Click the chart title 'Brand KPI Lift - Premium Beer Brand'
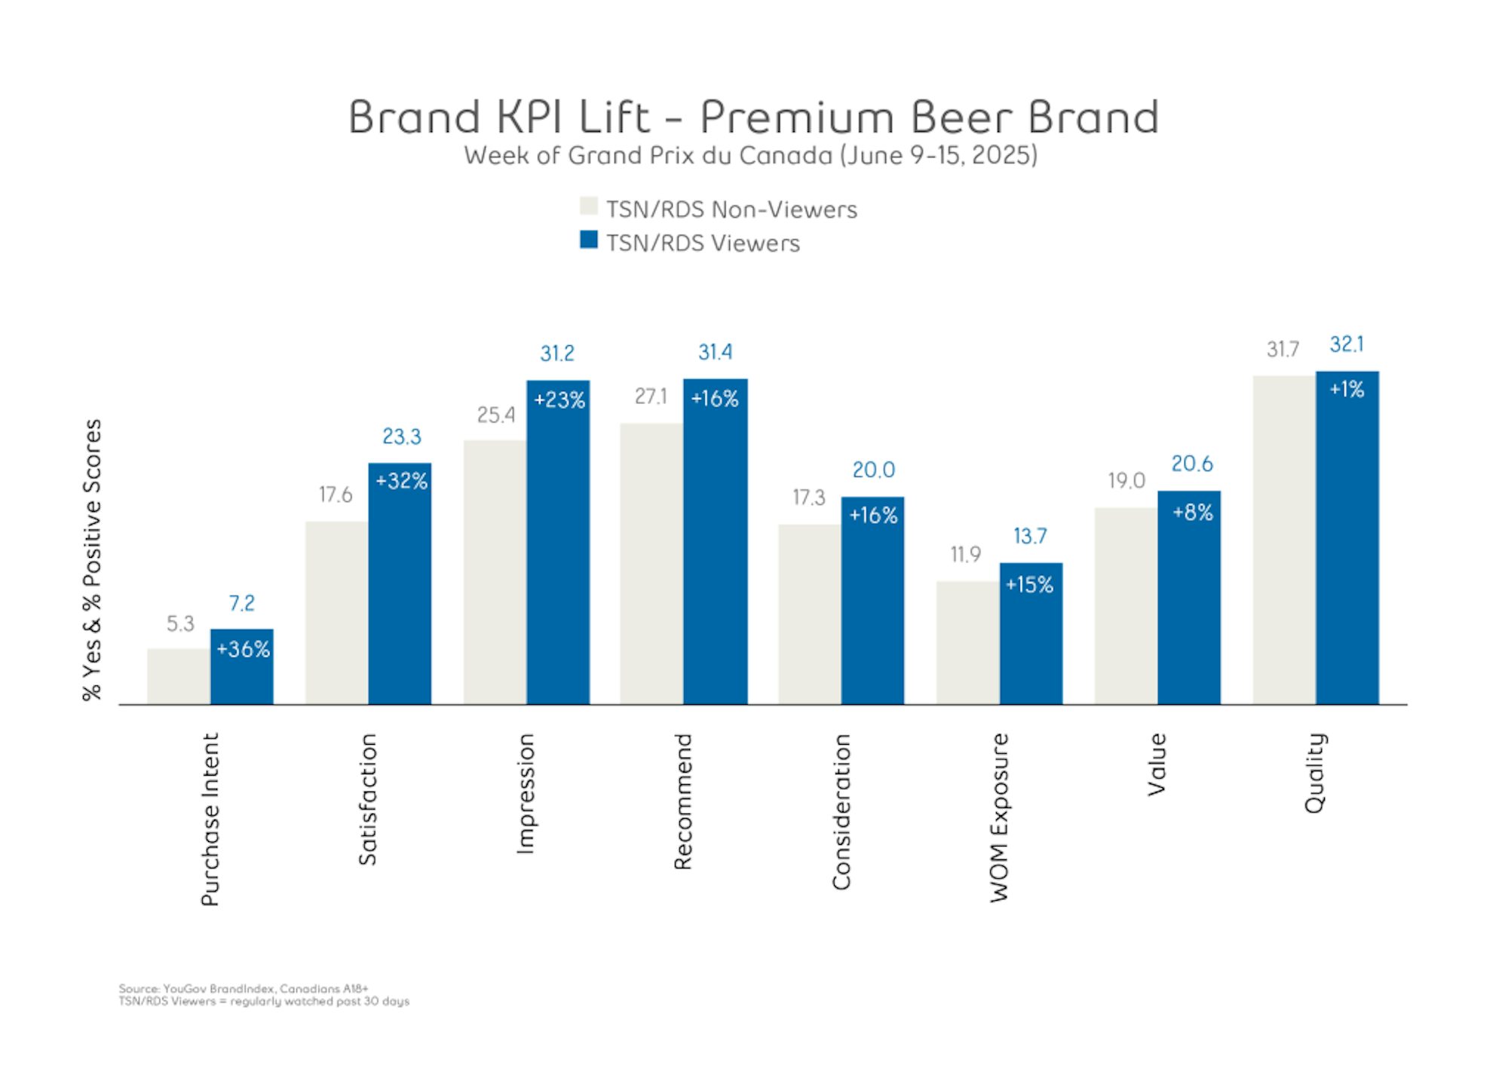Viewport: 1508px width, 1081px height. [752, 118]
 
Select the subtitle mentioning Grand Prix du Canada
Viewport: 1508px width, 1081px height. [750, 155]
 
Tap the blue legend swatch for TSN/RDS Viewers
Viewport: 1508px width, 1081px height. [588, 240]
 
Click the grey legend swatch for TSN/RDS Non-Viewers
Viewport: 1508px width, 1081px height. [588, 206]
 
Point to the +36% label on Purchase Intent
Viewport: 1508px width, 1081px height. [243, 649]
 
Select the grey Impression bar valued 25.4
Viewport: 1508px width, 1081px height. [495, 573]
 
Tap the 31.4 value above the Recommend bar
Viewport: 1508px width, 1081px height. [715, 352]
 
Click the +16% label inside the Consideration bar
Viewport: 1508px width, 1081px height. [873, 516]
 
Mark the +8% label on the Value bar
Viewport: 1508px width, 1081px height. [1192, 513]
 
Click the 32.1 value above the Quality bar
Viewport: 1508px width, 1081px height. [1347, 345]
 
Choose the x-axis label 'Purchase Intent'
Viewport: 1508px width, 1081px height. [210, 819]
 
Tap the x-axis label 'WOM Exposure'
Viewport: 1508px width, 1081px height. [999, 817]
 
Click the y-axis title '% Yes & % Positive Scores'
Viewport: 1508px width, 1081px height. [92, 559]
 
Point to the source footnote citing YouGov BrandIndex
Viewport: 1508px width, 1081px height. [243, 988]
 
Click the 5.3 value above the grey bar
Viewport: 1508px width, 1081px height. [180, 623]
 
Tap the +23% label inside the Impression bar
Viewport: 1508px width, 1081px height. [559, 400]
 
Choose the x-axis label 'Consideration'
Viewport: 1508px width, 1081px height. [841, 811]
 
